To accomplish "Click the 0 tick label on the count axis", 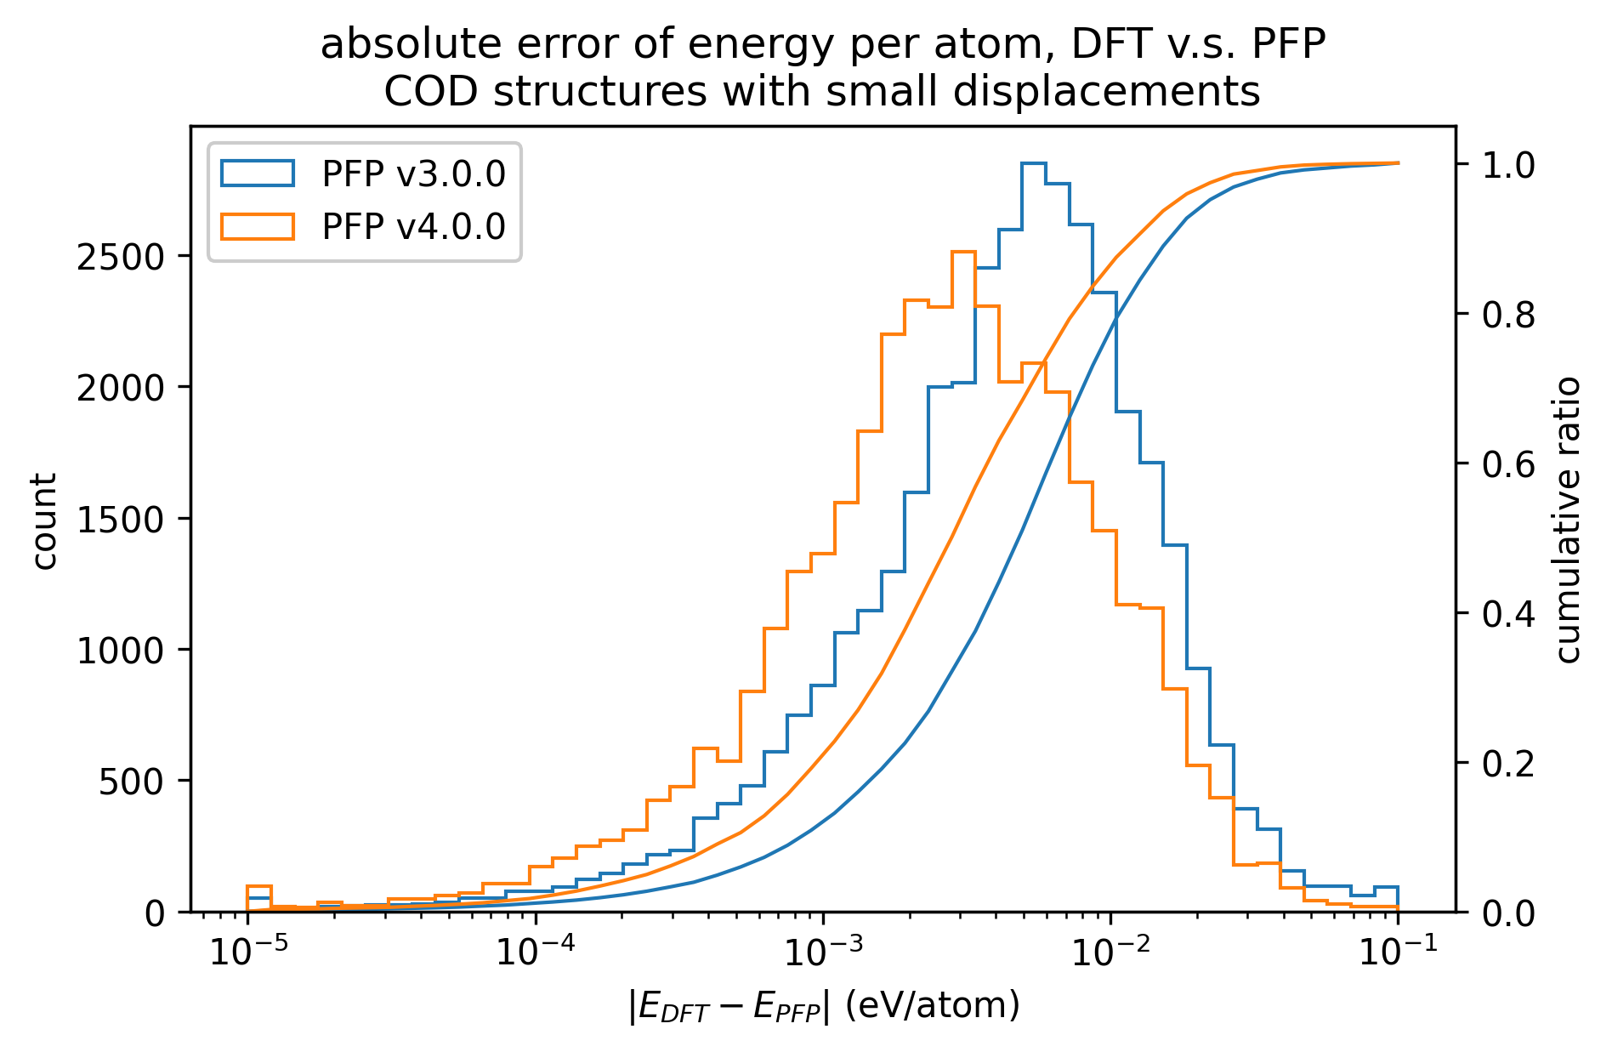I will click(x=156, y=913).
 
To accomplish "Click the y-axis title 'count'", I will click(x=44, y=520).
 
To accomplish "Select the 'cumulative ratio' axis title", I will click(x=1568, y=520).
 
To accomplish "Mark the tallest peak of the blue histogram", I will click(x=1033, y=163).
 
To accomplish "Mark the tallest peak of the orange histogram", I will click(x=963, y=253).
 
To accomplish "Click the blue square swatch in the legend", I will click(x=258, y=174).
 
